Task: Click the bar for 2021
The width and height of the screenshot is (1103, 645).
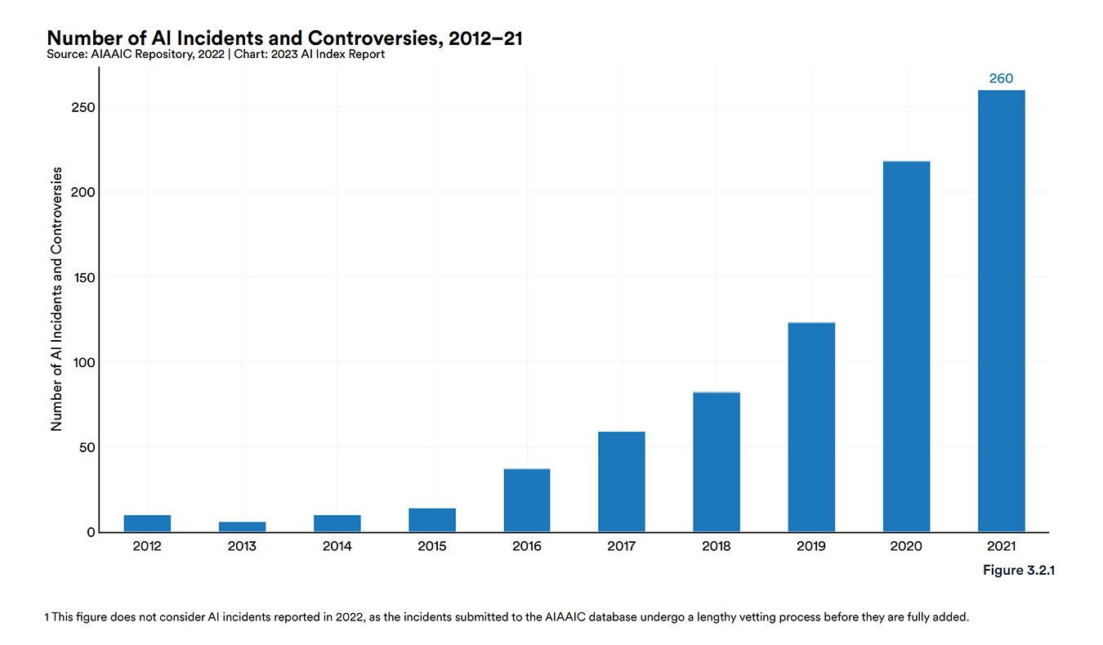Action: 1001,311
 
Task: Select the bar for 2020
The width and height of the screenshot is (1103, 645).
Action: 906,347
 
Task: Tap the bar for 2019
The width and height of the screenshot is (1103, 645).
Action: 811,428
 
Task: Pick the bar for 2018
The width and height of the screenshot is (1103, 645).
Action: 717,462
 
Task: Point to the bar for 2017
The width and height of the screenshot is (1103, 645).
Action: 622,482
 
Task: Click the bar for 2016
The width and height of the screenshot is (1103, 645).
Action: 527,500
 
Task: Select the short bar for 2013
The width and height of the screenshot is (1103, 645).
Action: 243,527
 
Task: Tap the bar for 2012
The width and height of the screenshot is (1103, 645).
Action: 147,524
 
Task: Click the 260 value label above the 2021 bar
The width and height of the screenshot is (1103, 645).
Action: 1001,78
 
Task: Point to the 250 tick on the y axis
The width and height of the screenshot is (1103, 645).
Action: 83,107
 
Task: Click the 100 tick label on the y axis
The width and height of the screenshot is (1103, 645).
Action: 83,363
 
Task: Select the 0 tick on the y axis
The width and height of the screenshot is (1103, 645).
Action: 91,532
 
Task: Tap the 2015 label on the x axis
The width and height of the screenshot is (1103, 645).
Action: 432,546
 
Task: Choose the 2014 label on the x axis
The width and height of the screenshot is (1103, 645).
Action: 337,546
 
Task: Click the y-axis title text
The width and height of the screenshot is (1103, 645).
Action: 56,299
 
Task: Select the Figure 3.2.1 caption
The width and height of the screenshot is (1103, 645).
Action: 1019,570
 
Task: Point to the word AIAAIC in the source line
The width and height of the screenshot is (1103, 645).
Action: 112,54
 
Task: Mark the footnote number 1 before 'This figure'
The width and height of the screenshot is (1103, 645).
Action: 47,617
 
